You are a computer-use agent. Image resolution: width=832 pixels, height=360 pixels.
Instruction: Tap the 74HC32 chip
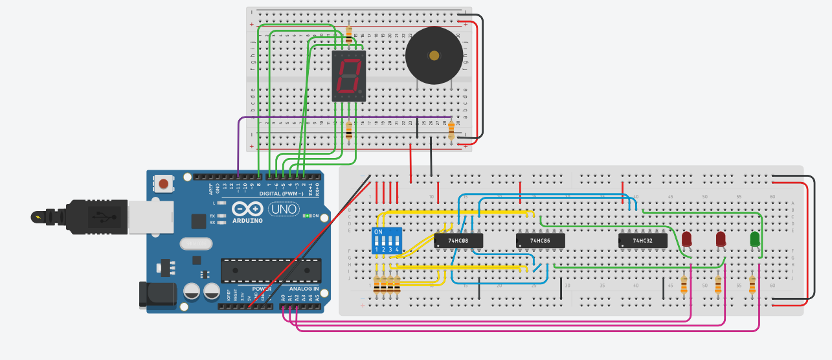click(642, 241)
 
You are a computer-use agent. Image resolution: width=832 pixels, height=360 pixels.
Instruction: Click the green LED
click(754, 240)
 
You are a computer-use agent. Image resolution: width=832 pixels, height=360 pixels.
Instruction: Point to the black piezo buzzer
click(434, 56)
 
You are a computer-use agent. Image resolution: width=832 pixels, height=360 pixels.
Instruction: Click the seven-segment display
click(349, 76)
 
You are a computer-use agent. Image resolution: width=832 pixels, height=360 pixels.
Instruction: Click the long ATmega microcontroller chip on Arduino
click(271, 270)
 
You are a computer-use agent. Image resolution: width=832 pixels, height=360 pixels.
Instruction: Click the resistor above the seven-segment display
click(350, 34)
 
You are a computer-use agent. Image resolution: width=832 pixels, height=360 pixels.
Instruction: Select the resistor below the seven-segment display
click(350, 131)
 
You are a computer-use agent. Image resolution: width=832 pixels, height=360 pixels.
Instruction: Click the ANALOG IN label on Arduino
click(303, 289)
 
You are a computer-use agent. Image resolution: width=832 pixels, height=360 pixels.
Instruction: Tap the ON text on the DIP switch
click(379, 232)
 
